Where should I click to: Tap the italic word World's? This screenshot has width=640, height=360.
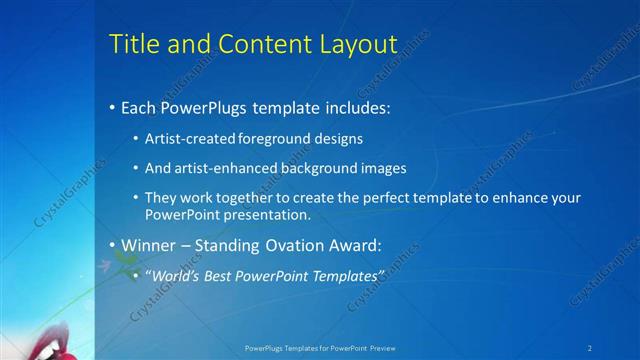[x=178, y=275]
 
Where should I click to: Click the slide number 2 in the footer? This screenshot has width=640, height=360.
[x=590, y=347]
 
